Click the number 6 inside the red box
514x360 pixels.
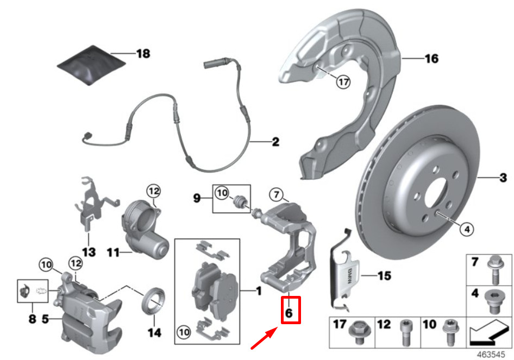click(x=289, y=313)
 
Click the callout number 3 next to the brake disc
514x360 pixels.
click(x=503, y=178)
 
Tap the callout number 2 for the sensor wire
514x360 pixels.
click(x=275, y=142)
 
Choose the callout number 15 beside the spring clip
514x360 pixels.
click(x=384, y=276)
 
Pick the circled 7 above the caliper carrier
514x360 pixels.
click(x=275, y=194)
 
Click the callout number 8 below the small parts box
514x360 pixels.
click(x=32, y=319)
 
